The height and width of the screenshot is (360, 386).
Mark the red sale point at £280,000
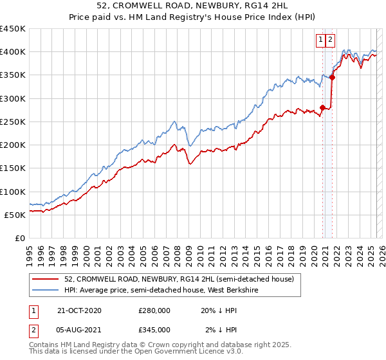tap(322, 107)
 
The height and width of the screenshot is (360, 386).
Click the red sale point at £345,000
tap(332, 78)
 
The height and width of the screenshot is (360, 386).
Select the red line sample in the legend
tap(46, 279)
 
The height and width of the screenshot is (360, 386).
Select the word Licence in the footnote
tap(183, 352)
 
